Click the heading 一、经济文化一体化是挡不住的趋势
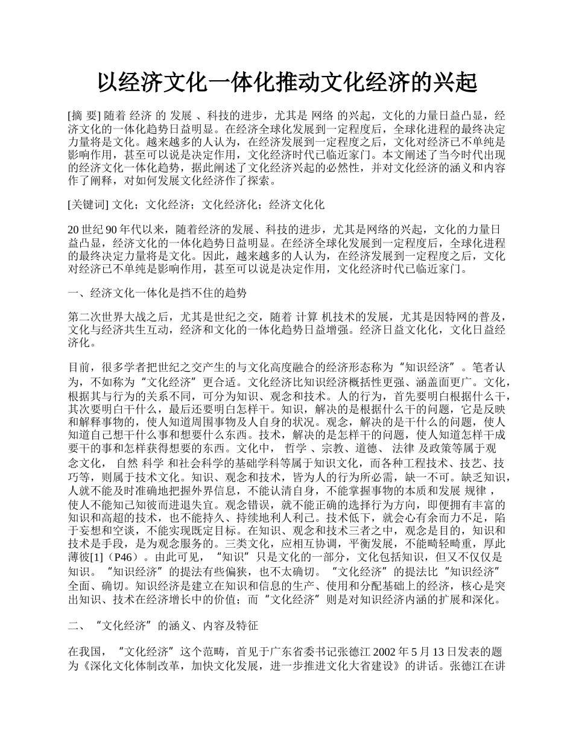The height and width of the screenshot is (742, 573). coord(158,293)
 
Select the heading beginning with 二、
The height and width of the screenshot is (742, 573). coord(163,626)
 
